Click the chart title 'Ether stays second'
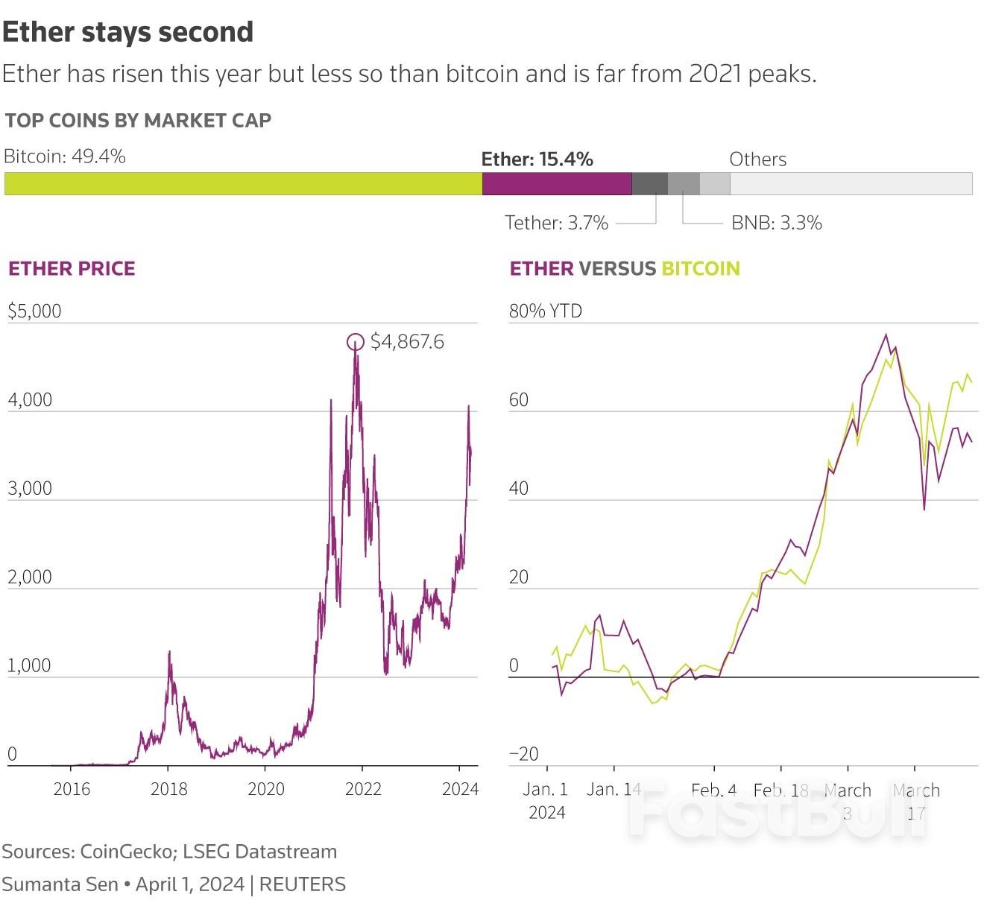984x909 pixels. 127,32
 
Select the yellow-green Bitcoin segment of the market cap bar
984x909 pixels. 243,183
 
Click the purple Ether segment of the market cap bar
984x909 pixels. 556,183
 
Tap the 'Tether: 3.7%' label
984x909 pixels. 556,223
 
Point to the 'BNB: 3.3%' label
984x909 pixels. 776,223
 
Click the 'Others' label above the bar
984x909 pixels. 757,159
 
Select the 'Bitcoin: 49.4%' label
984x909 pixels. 64,156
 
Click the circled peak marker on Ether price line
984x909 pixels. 356,342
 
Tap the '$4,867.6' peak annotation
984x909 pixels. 407,342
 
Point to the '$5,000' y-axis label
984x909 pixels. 34,311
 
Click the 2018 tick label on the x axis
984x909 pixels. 168,789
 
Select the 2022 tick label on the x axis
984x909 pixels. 363,789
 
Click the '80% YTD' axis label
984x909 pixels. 545,311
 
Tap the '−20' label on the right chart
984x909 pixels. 523,754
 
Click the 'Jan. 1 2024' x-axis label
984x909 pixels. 546,800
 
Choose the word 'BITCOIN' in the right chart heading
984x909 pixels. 700,268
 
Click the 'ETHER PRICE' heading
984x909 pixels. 72,268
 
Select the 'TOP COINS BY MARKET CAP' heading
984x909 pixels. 138,121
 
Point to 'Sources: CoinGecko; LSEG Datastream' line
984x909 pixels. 169,852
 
